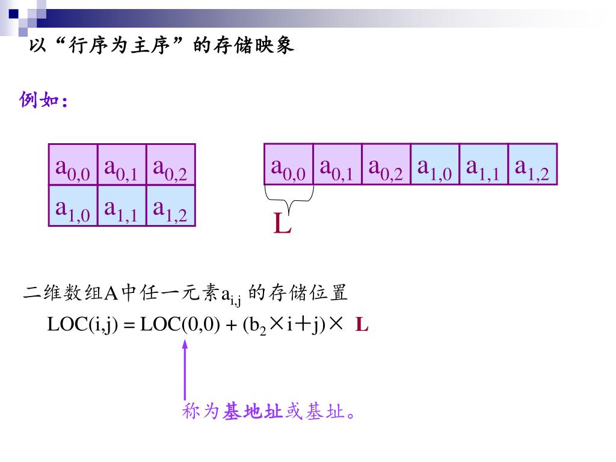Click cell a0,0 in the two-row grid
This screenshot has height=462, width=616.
click(73, 165)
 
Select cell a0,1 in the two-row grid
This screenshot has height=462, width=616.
click(122, 165)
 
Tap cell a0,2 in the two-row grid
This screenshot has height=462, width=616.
click(170, 165)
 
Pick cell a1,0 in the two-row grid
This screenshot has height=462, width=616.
click(73, 205)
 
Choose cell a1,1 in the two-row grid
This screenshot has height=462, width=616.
click(122, 205)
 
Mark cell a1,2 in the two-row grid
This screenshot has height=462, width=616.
click(170, 205)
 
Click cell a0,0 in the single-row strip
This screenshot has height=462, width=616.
click(289, 164)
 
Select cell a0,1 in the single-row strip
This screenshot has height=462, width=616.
click(337, 164)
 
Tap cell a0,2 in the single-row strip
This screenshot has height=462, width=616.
click(386, 164)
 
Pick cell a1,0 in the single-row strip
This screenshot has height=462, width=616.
click(435, 164)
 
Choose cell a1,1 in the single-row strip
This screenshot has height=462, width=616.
click(484, 164)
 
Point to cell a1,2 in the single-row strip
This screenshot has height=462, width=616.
click(532, 164)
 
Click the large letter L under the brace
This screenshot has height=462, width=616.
click(282, 225)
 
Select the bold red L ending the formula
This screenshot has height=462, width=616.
click(362, 325)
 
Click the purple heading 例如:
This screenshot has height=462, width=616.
click(43, 100)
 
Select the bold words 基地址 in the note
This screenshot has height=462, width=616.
click(252, 412)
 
